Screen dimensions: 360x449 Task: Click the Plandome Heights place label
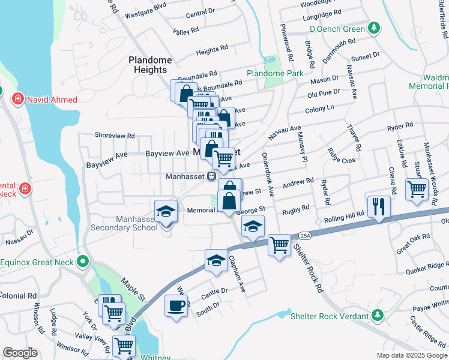tap(149, 65)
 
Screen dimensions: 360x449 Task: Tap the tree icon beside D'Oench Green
tap(374, 28)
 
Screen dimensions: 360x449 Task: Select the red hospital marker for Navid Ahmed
tap(17, 98)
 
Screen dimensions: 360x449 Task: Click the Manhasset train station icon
tap(211, 176)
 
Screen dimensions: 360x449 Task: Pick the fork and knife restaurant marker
tap(379, 206)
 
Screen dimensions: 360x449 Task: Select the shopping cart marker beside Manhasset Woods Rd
tap(416, 189)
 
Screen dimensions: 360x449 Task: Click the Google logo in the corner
tap(20, 353)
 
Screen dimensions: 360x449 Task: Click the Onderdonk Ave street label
tap(268, 174)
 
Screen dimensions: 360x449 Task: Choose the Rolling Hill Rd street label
tap(344, 214)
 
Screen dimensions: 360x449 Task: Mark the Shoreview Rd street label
tap(115, 136)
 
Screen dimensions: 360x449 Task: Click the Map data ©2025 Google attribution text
tap(411, 355)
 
